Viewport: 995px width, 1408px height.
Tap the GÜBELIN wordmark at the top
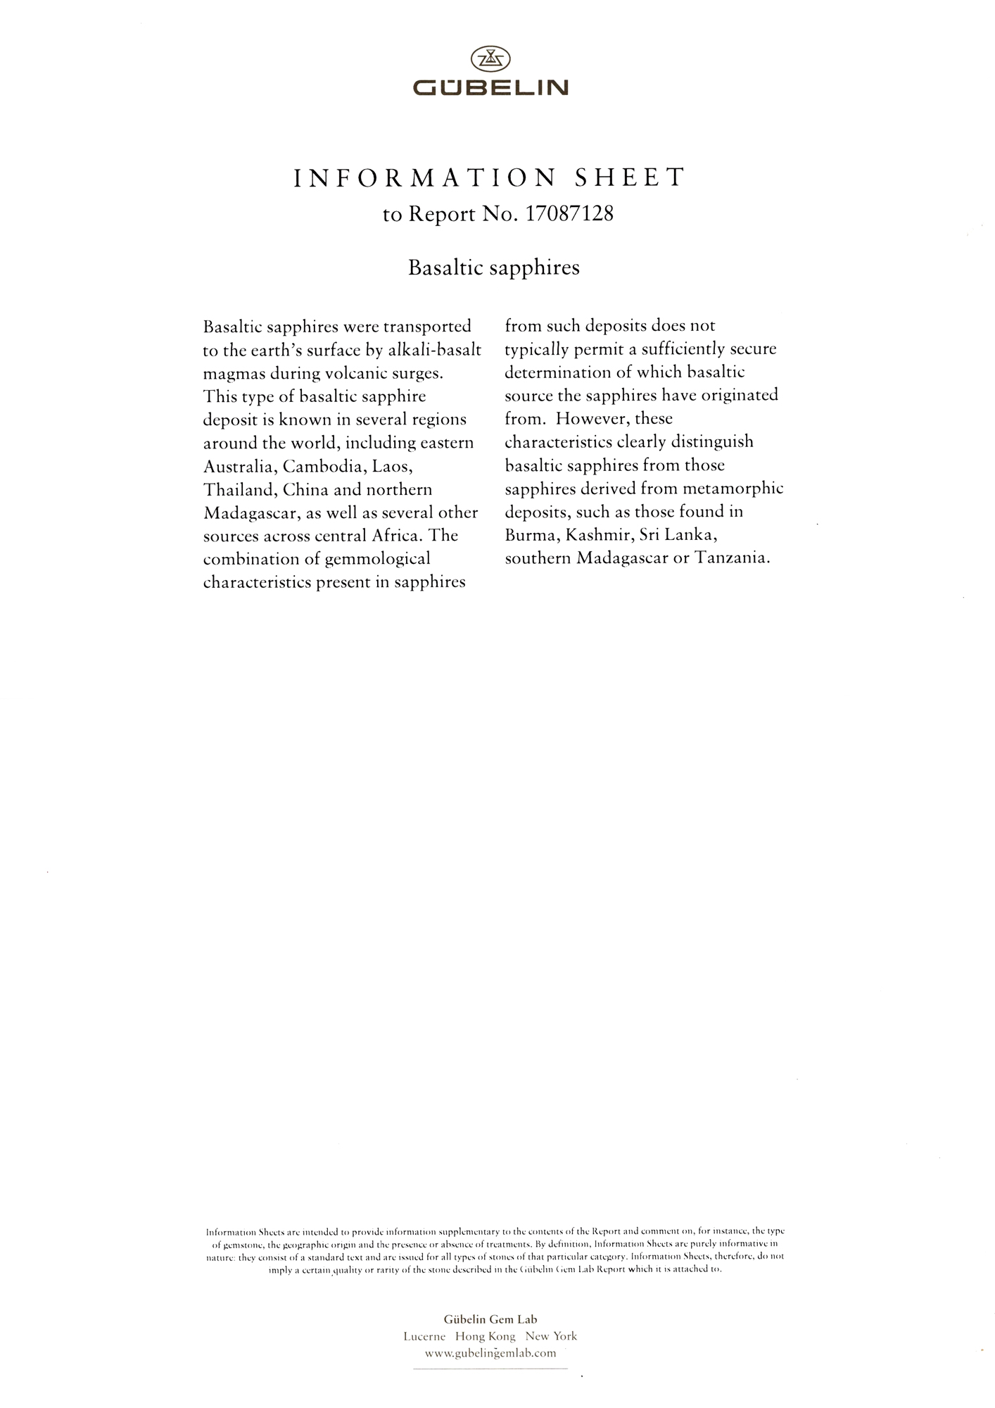(490, 88)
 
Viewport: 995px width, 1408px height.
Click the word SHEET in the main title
(630, 178)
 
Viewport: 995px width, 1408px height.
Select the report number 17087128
(569, 215)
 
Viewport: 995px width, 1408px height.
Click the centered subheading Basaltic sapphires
(494, 268)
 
